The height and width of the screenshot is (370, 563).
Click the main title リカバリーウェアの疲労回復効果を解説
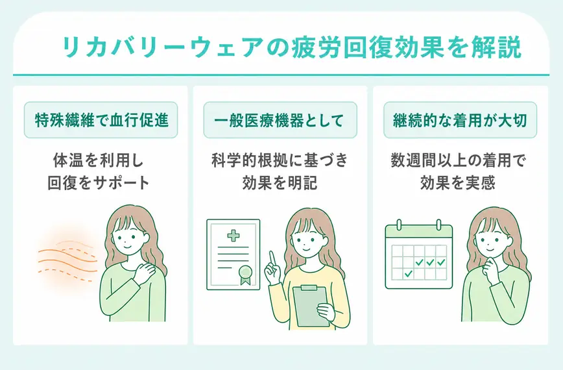(x=291, y=48)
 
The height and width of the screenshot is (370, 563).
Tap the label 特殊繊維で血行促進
(x=101, y=120)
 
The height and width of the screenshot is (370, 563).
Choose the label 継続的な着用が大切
(x=460, y=120)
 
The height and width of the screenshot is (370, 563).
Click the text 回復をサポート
(x=99, y=182)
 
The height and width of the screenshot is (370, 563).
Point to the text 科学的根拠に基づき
(x=280, y=160)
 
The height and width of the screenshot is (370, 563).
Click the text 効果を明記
(x=280, y=182)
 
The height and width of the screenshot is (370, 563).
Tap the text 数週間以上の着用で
(x=458, y=160)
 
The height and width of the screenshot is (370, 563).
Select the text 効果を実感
(x=458, y=182)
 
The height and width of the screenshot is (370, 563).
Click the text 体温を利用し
(x=99, y=160)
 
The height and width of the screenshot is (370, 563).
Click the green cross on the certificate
(x=234, y=236)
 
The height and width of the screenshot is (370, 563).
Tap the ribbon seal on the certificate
(x=245, y=275)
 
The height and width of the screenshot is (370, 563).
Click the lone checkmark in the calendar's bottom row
(x=408, y=274)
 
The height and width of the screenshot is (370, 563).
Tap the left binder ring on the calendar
(x=399, y=225)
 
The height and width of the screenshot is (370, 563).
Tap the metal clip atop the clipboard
(x=309, y=288)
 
